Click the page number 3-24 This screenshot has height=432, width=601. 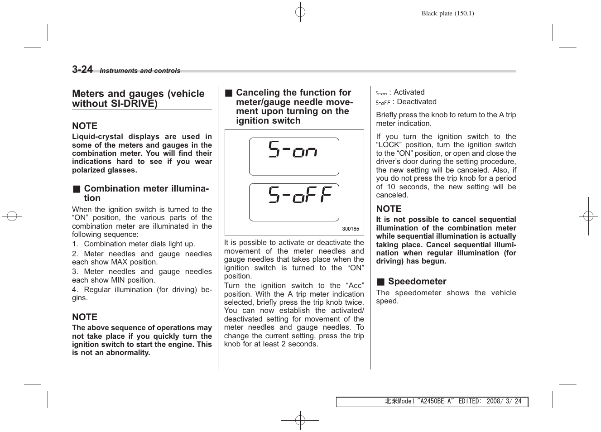[x=82, y=69]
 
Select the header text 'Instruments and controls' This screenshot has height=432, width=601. [x=140, y=71]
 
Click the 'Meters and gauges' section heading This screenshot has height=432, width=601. [x=138, y=99]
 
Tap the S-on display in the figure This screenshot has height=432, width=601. [x=294, y=156]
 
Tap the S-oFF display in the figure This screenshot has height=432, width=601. [x=294, y=202]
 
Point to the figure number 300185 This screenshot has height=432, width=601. [x=350, y=229]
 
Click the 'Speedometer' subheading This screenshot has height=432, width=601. [x=417, y=281]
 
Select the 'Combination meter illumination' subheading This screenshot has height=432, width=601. [x=146, y=193]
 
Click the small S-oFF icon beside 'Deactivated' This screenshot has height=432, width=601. [x=383, y=103]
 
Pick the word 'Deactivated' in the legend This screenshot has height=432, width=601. [x=416, y=102]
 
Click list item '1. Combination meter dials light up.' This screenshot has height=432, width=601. [x=134, y=244]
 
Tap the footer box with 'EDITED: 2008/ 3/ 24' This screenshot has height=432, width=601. [x=432, y=402]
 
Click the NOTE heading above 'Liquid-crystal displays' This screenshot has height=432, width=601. [x=85, y=126]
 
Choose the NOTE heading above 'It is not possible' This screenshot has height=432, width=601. [x=389, y=209]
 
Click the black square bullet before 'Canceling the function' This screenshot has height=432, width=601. [x=229, y=93]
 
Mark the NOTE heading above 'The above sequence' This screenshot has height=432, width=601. [x=85, y=317]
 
